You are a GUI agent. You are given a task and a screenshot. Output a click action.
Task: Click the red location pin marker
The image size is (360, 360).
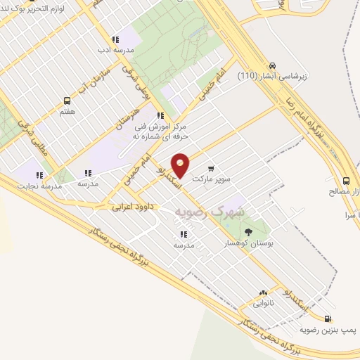181,165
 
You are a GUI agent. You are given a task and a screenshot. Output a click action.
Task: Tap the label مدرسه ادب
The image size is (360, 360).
114,51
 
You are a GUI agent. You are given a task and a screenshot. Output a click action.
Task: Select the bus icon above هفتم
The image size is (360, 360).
67,100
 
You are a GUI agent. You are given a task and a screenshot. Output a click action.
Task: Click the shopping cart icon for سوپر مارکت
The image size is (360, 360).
212,169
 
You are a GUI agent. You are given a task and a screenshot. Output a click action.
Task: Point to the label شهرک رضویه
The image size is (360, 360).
210,211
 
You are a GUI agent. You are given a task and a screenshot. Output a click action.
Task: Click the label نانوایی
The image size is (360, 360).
264,306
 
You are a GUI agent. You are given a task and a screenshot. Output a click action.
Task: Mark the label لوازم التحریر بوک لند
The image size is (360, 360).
42,7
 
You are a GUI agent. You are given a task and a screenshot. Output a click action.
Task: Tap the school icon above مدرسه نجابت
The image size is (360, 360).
39,174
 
